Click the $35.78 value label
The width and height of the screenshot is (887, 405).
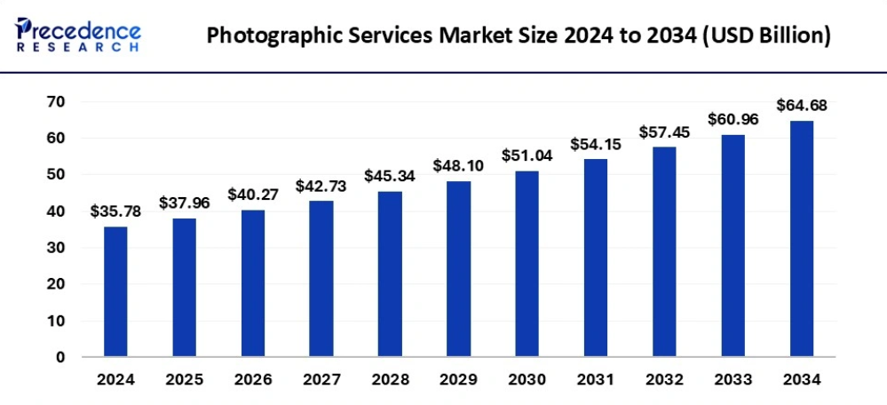[115, 211]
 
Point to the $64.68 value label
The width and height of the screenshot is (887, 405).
[801, 106]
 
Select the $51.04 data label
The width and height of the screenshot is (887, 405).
[527, 155]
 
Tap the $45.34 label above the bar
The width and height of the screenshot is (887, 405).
[389, 176]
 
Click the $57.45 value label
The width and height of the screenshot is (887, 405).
[663, 131]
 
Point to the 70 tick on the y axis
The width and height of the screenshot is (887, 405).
[56, 102]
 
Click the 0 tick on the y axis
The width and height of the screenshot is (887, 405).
[60, 357]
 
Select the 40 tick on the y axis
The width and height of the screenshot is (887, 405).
[56, 211]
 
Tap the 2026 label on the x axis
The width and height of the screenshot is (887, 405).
[252, 380]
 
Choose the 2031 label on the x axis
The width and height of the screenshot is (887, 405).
[595, 380]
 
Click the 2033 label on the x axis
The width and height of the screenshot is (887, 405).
[733, 380]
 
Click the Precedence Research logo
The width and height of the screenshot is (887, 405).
[78, 34]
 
